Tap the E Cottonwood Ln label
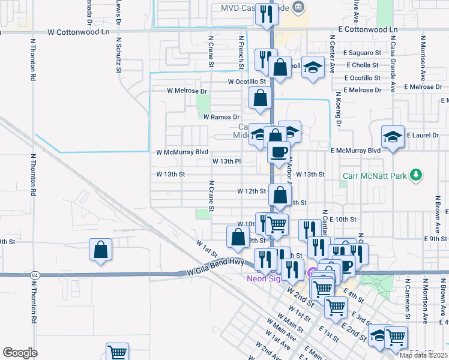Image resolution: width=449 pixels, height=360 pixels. pos(368,29)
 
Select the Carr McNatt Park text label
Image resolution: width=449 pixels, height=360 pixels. pos(375,176)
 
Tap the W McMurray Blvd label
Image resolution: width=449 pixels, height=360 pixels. pos(182,152)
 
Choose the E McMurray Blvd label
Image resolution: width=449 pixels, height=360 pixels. pos(355,151)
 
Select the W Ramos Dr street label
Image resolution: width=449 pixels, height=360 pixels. pos(221,117)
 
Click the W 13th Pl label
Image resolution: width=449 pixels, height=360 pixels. pos(226,161)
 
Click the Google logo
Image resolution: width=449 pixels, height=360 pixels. pos(20,353)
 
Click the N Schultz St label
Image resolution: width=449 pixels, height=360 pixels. pos(119,54)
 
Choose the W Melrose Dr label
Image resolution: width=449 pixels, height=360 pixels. pos(187,91)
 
